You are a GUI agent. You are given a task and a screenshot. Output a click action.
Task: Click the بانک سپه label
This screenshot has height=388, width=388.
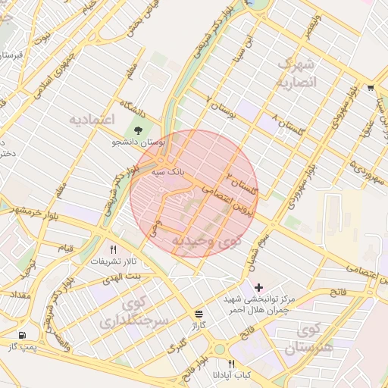[x=167, y=173]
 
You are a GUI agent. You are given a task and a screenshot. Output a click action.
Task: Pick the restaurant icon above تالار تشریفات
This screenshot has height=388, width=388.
[x=114, y=249]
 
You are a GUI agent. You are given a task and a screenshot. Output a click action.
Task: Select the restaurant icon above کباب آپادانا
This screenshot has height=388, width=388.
[x=231, y=364]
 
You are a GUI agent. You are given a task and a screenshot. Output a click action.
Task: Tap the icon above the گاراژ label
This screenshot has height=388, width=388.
[x=199, y=312]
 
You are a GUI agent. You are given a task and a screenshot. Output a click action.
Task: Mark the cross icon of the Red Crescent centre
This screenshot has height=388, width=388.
[x=259, y=287]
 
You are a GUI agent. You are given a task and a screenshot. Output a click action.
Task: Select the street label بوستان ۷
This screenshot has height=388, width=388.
[x=220, y=106]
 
